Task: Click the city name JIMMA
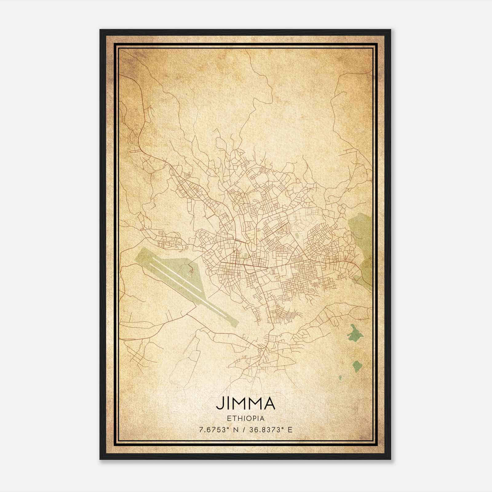(x=245, y=403)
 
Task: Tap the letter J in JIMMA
(x=219, y=403)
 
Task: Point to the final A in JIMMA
(x=268, y=403)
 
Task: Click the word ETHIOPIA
(x=245, y=418)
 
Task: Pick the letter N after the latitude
(x=235, y=430)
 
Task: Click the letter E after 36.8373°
(x=290, y=430)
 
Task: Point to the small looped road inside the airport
(x=191, y=270)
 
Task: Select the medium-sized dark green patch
(x=357, y=366)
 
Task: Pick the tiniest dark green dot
(x=340, y=377)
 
